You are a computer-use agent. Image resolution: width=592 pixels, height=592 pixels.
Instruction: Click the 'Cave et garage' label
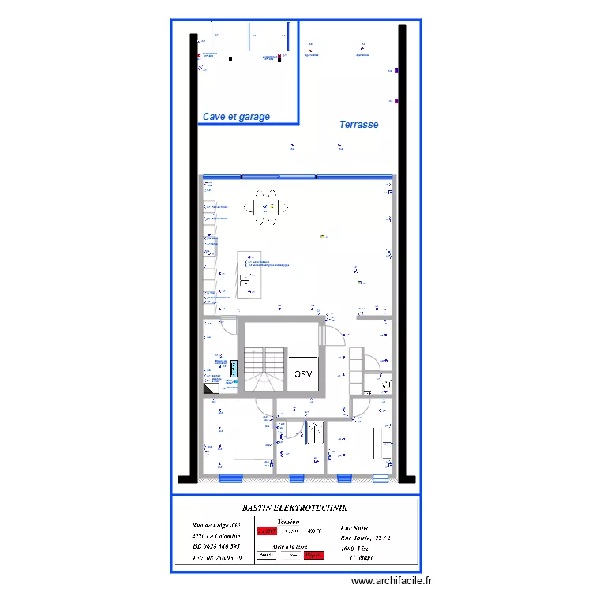pos(236,117)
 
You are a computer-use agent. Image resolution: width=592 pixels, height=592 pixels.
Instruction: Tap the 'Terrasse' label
pos(358,125)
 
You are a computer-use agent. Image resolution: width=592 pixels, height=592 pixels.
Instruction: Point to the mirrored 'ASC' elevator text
pos(304,374)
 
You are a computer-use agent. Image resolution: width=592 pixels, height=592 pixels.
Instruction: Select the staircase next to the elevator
pos(261,369)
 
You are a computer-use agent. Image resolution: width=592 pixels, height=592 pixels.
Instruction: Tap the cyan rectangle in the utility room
pos(234,369)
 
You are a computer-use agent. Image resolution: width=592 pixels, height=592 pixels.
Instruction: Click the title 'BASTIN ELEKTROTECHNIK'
pos(293,510)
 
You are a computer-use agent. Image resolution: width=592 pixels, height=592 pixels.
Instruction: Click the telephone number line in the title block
pos(219,558)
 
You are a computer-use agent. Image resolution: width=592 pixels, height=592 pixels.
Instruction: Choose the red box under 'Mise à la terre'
pos(313,556)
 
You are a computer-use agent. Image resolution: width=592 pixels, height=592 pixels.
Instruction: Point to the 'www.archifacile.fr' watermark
pos(392,580)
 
